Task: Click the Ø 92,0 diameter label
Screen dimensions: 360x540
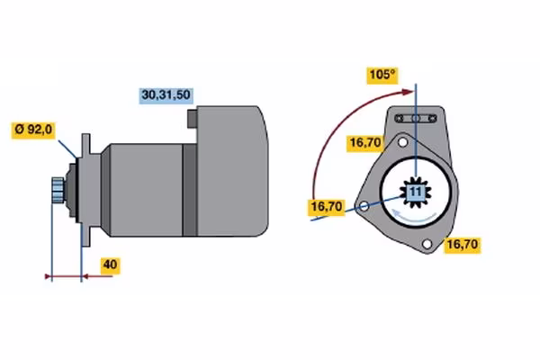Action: click(34, 130)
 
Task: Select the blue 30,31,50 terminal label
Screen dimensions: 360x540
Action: click(167, 94)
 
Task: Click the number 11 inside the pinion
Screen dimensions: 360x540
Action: click(415, 193)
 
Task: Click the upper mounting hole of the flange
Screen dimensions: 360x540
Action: click(404, 142)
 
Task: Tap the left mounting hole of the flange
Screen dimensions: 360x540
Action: click(363, 207)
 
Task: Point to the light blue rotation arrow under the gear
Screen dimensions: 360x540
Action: click(413, 216)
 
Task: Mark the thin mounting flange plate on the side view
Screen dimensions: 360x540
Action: click(85, 189)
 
